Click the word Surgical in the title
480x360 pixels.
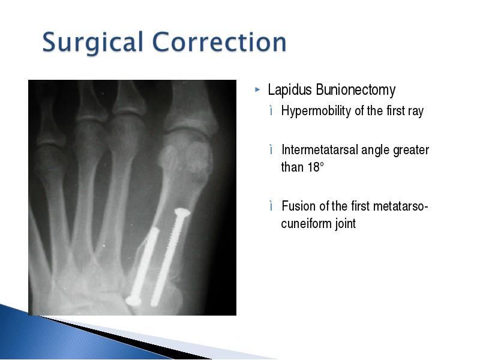[x=93, y=42]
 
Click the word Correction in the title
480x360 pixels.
[x=219, y=41]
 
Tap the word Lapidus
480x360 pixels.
[x=290, y=89]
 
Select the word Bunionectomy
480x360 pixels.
[x=355, y=91]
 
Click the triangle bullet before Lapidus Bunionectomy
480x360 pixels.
[x=257, y=90]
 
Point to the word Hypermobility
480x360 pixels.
[x=316, y=111]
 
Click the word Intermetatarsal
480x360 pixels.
[x=320, y=150]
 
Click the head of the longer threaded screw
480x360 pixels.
[x=182, y=212]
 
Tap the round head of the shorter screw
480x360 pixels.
[x=133, y=301]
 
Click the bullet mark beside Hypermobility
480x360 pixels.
[x=271, y=110]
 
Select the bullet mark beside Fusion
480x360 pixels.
[x=271, y=206]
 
